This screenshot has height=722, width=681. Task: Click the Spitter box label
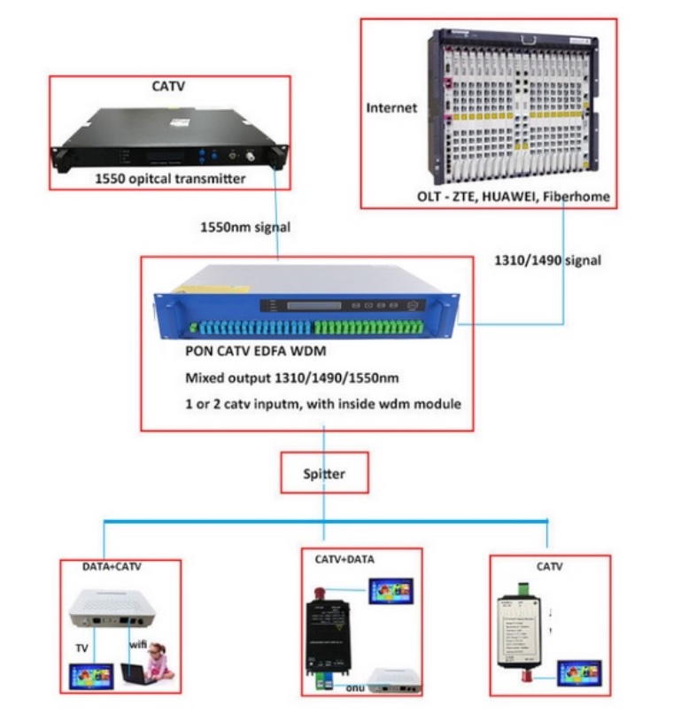(x=324, y=474)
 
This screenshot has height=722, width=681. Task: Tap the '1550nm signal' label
(x=245, y=227)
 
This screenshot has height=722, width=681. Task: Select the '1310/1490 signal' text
(x=547, y=260)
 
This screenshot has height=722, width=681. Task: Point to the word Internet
(x=391, y=108)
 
